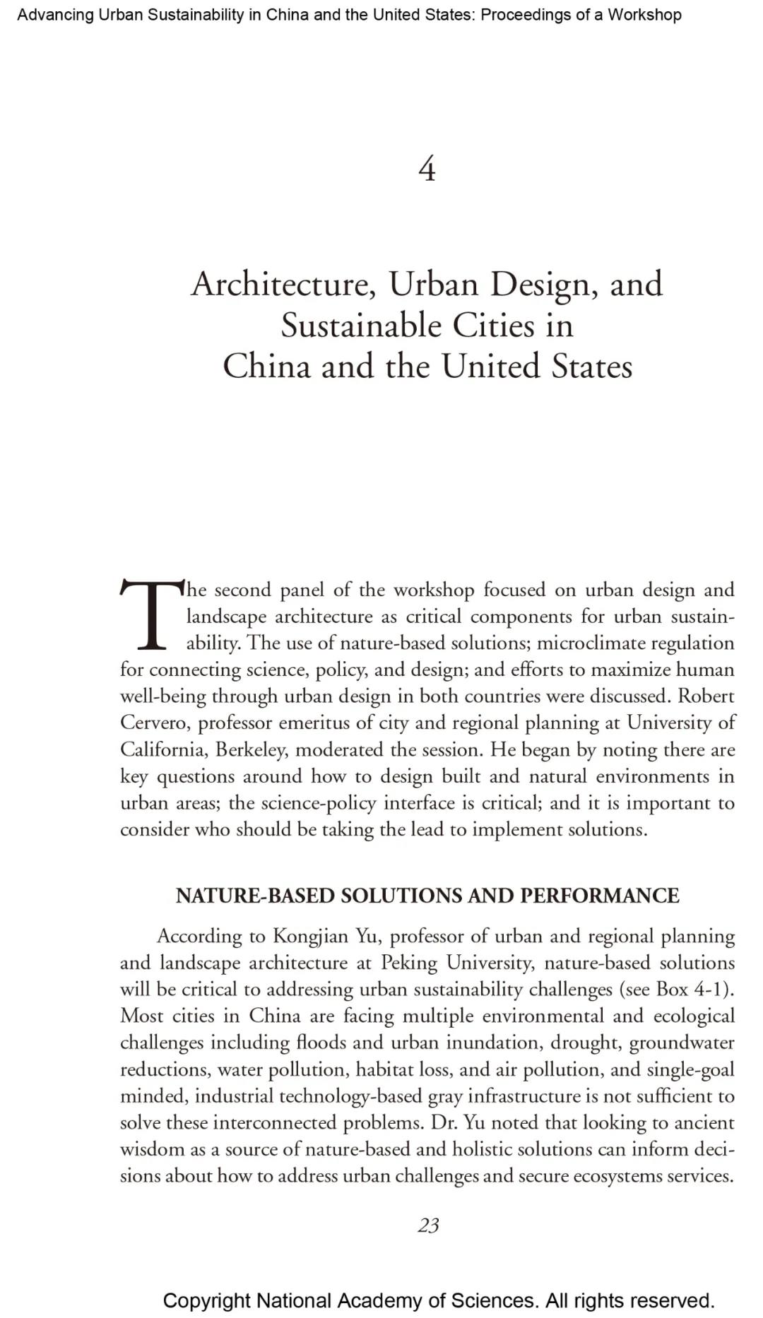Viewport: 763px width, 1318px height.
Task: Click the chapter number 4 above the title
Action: pos(427,170)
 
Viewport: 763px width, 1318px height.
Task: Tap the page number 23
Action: pos(428,1225)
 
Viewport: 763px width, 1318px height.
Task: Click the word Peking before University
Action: pos(410,963)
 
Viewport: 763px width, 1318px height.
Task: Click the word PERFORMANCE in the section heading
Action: pos(600,896)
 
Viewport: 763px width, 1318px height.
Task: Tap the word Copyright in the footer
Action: pos(206,1300)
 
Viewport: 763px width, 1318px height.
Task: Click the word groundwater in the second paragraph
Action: pos(682,1043)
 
